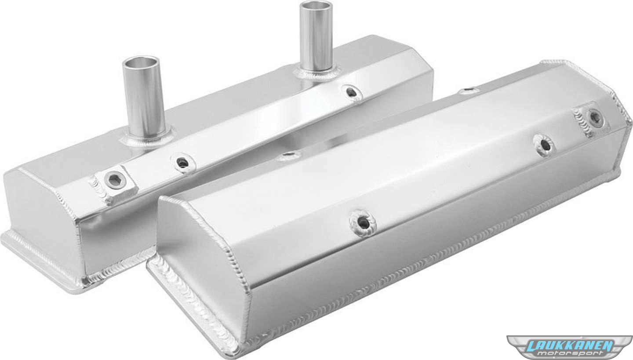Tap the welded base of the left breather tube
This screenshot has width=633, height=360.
pyautogui.click(x=146, y=140)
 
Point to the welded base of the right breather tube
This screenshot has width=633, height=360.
pyautogui.click(x=316, y=73)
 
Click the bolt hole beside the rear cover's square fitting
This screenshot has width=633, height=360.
pyautogui.click(x=183, y=162)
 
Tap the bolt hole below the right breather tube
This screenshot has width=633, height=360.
pyautogui.click(x=351, y=92)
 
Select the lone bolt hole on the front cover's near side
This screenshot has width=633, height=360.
pyautogui.click(x=363, y=223)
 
